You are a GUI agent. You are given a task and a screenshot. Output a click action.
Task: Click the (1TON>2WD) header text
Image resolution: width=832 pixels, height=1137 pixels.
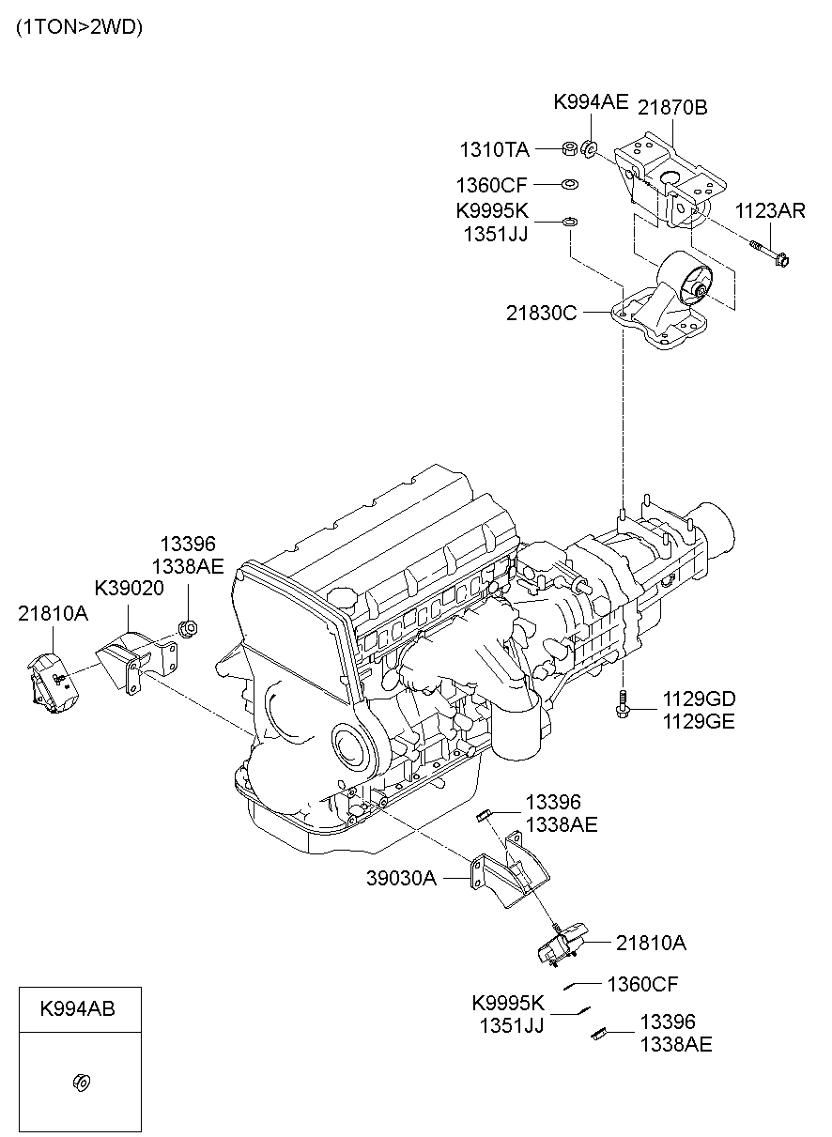coord(79,27)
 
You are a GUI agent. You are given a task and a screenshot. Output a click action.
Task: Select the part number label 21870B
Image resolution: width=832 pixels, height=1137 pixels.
coord(672,107)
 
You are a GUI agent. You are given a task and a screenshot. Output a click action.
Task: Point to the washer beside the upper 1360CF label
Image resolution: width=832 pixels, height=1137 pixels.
coord(569,184)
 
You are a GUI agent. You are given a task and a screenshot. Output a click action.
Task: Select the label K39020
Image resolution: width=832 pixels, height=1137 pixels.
coord(129,588)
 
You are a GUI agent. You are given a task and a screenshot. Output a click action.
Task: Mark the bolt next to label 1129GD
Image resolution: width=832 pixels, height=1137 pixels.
coord(621,705)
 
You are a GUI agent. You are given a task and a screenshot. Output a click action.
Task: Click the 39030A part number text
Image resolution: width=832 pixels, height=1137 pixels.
coord(402,878)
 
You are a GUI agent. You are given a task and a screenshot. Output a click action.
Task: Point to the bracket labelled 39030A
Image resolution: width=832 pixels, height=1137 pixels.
coord(507,873)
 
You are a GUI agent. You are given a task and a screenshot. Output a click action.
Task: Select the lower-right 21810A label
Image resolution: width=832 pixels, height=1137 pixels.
coord(651,943)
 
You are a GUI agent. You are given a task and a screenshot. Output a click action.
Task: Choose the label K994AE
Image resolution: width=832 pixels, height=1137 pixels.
coord(591,102)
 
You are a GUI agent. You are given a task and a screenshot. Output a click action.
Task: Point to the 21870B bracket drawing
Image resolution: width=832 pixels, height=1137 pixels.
coord(669,178)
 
